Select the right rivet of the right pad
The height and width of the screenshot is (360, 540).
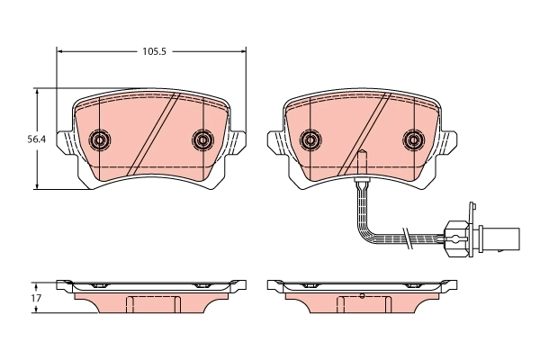(413, 139)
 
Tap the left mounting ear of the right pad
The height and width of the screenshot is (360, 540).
(274, 141)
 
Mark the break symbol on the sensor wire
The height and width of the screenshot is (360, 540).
(407, 238)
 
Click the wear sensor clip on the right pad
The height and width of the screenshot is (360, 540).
(360, 180)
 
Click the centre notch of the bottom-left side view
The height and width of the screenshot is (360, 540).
(151, 303)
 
